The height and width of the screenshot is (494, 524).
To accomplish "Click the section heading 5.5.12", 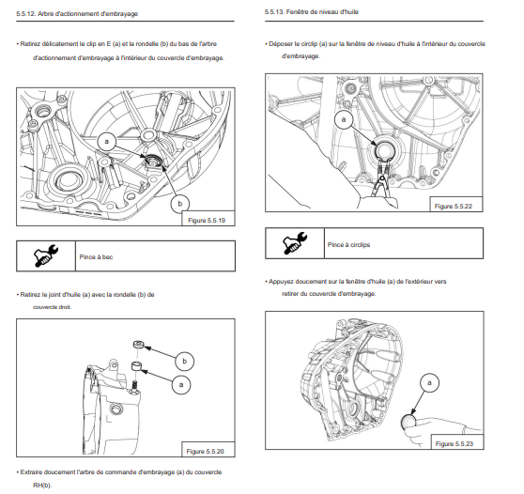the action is (x=77, y=14).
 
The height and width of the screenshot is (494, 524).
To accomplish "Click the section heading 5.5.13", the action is (x=312, y=12).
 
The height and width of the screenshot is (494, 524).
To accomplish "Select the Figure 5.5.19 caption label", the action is (x=207, y=221).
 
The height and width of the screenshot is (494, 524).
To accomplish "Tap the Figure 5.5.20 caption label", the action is (x=206, y=452).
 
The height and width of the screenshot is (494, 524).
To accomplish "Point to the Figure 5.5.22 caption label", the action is (x=454, y=207).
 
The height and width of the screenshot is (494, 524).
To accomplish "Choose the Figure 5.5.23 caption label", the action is (x=455, y=444).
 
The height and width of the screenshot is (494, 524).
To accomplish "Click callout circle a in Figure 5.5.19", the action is (x=107, y=142).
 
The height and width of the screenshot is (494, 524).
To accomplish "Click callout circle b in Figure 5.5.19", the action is (x=179, y=204).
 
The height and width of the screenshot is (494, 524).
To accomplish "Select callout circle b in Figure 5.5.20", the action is (x=184, y=361).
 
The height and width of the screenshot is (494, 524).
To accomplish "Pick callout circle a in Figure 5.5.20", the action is (x=181, y=384).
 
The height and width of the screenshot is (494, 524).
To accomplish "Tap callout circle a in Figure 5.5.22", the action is (x=344, y=119).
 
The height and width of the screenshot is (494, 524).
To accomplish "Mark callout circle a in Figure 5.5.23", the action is (x=429, y=382).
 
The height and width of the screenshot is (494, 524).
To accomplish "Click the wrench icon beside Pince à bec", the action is (x=45, y=255).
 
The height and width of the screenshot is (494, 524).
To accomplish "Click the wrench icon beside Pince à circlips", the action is (x=295, y=243).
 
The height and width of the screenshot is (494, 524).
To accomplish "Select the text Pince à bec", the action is (x=96, y=257).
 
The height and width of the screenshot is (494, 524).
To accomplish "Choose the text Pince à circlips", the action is (x=348, y=245).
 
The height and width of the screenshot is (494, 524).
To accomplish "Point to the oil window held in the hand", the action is (x=408, y=422).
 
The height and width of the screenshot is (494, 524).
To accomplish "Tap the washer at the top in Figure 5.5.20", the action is (x=138, y=345).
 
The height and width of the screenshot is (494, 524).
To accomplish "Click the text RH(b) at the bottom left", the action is (x=42, y=485).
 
